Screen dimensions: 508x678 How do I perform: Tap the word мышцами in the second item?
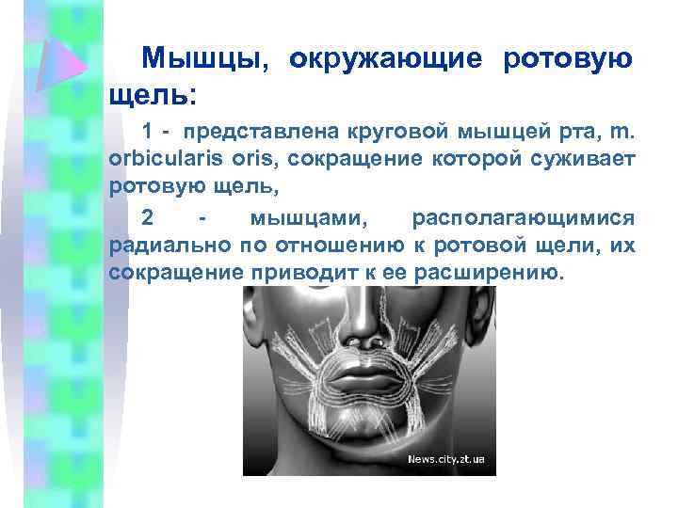[302, 218]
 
